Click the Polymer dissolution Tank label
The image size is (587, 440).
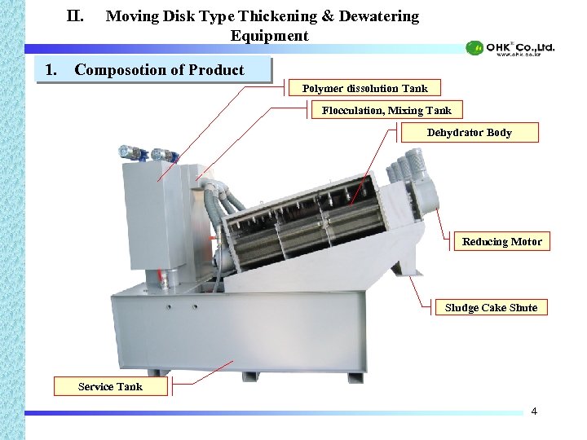[364, 88]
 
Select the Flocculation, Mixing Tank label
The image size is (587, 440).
[386, 110]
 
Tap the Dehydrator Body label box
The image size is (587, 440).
[469, 132]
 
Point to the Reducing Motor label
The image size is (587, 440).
[501, 241]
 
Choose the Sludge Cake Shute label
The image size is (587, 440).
[491, 307]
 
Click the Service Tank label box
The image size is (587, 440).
[110, 386]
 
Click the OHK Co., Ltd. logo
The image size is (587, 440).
[510, 48]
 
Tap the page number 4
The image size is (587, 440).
[534, 411]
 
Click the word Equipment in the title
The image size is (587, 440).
[269, 36]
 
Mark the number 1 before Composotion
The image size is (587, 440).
[51, 69]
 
